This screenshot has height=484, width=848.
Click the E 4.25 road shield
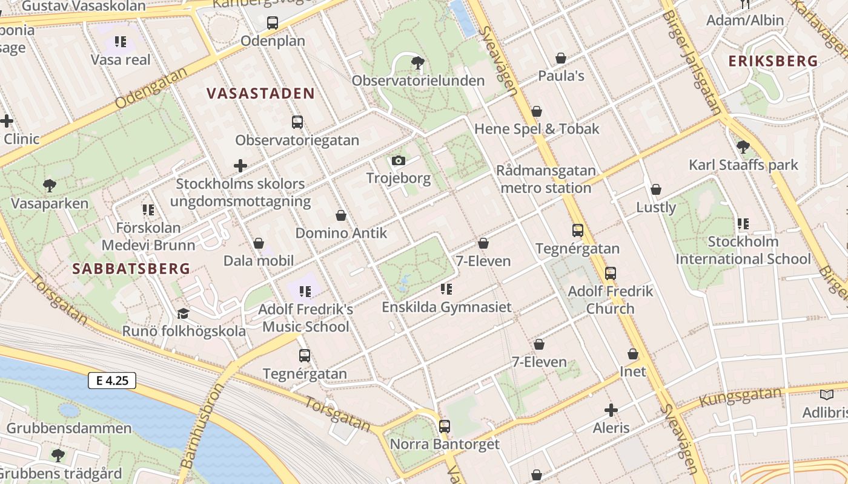pyautogui.click(x=112, y=381)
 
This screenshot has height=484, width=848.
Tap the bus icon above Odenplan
pyautogui.click(x=273, y=23)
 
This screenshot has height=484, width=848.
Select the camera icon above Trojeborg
pyautogui.click(x=398, y=160)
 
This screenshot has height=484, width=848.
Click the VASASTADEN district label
pyautogui.click(x=260, y=93)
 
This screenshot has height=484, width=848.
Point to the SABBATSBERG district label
pyautogui.click(x=131, y=269)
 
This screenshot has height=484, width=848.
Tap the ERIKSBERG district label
pyautogui.click(x=773, y=61)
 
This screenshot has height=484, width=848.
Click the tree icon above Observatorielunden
pyautogui.click(x=417, y=62)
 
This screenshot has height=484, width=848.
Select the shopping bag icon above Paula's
pyautogui.click(x=561, y=58)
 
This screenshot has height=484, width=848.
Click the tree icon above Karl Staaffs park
pyautogui.click(x=743, y=146)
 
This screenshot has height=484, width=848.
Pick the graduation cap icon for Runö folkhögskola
pyautogui.click(x=183, y=313)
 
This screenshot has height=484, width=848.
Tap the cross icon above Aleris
pyautogui.click(x=611, y=410)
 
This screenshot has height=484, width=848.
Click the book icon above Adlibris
pyautogui.click(x=826, y=395)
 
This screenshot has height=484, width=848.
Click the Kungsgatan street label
pyautogui.click(x=740, y=397)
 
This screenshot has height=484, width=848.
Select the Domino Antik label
pyautogui.click(x=341, y=233)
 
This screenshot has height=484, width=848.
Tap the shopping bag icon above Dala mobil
pyautogui.click(x=259, y=243)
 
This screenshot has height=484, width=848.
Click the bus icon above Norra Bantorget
pyautogui.click(x=445, y=426)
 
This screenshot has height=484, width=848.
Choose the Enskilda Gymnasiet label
pyautogui.click(x=446, y=307)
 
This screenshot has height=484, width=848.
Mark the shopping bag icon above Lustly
pyautogui.click(x=655, y=190)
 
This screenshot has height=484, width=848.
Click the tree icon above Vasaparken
pyautogui.click(x=50, y=186)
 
